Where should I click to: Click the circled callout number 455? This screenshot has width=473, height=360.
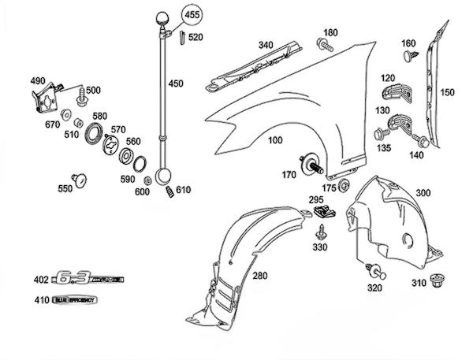pos(192,15)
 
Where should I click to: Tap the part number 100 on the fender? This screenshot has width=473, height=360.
pos(274,140)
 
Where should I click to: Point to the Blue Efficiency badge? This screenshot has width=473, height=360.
pos(75,300)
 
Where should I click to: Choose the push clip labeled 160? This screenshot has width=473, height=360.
pos(408,57)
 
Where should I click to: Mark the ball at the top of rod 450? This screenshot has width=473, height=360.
pos(166,17)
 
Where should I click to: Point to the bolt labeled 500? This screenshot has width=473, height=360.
pos(82,101)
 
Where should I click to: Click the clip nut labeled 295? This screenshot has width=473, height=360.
pos(322,211)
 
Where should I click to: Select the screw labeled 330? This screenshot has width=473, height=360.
pos(322,233)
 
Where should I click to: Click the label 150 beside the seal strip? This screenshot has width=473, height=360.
pos(447,92)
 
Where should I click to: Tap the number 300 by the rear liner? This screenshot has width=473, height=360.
pos(423,193)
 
